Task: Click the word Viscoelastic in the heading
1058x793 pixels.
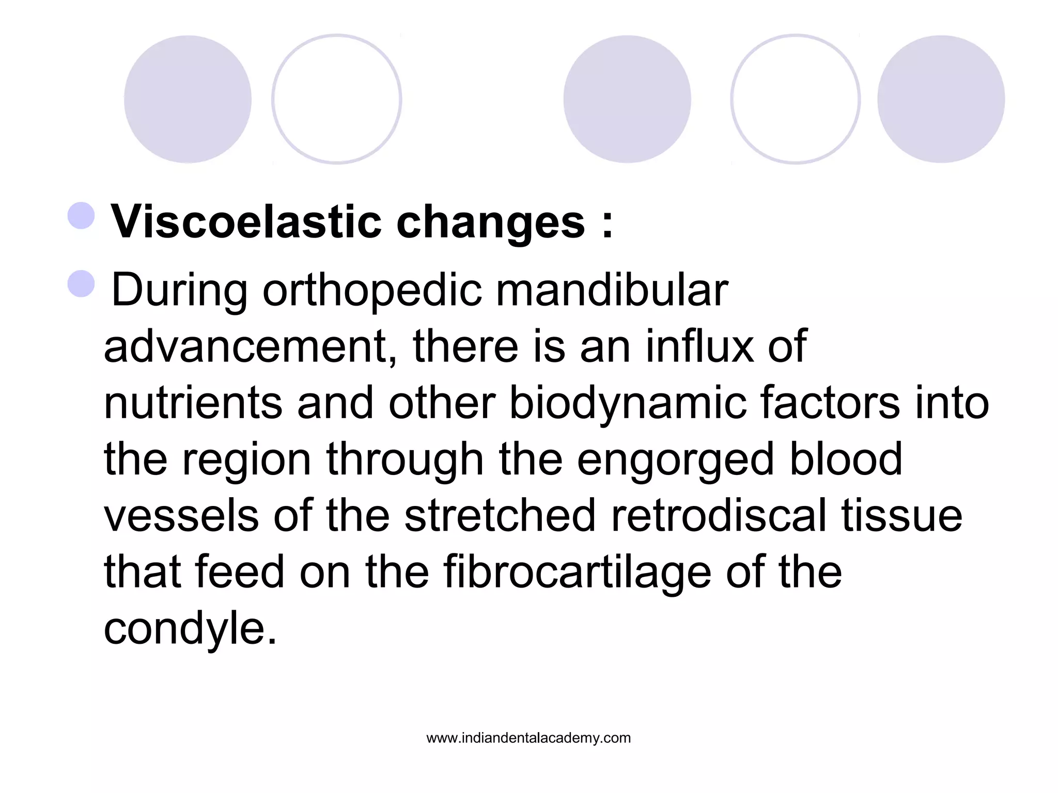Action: (x=246, y=222)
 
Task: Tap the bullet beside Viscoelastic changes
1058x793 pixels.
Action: (x=81, y=216)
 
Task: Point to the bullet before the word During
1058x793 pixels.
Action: (x=81, y=283)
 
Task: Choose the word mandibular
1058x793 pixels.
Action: (x=612, y=290)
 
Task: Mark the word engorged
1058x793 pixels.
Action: (x=675, y=461)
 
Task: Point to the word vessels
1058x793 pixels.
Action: (x=181, y=516)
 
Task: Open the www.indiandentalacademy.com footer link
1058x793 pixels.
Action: (x=528, y=738)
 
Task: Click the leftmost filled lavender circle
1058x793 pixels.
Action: (x=188, y=99)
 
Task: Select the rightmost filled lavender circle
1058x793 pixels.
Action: (x=941, y=99)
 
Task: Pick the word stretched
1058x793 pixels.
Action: (x=500, y=516)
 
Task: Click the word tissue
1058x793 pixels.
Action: (x=901, y=516)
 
